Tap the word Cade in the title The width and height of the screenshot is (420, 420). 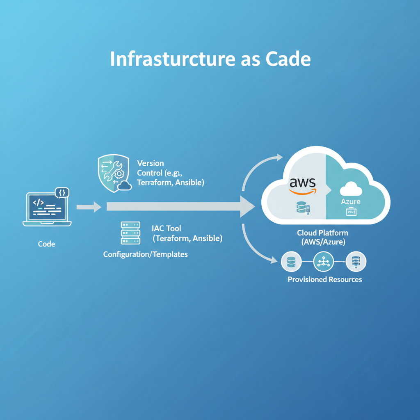tap(288, 59)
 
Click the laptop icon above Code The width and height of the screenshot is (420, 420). tap(46, 209)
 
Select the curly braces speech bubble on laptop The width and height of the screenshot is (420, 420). tap(62, 192)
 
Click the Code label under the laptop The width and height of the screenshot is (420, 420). tap(46, 244)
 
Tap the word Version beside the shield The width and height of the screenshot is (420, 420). tap(150, 163)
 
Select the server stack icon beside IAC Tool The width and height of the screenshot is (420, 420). tap(130, 233)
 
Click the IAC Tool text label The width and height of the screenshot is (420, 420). tap(166, 228)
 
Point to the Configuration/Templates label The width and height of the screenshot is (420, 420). tap(145, 254)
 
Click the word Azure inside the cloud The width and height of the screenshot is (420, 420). tap(351, 202)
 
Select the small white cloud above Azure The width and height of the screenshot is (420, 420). tap(351, 189)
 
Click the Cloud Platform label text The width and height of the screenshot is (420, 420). tap(322, 233)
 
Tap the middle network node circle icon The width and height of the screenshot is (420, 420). tap(323, 262)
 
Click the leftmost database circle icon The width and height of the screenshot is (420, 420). tap(292, 262)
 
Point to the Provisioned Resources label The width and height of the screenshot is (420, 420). tap(325, 280)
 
